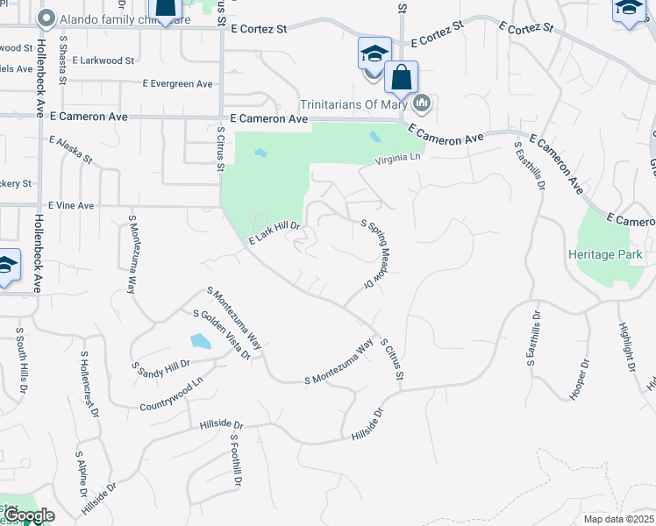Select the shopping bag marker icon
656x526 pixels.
coord(401,77)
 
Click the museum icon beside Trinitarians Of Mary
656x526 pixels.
coord(423,103)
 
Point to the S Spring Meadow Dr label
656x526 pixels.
coord(375,255)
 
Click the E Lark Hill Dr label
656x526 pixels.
coord(275,235)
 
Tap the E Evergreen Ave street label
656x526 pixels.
coord(177,84)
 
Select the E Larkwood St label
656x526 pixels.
coord(103,61)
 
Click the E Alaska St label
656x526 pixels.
coord(71,149)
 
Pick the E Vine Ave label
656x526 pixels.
coord(71,205)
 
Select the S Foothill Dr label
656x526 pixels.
coord(235,460)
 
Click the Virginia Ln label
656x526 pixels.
coord(398,160)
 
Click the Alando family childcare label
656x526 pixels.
coord(115,18)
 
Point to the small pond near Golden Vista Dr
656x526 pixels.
coord(200,340)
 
